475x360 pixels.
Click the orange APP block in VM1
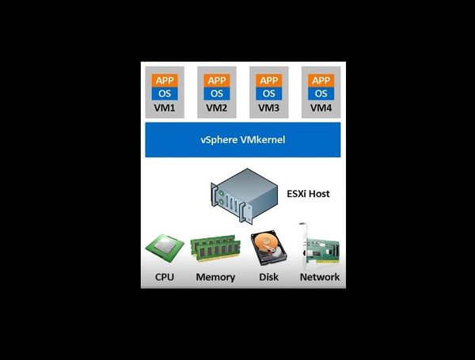pyautogui.click(x=165, y=80)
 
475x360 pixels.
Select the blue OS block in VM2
pyautogui.click(x=215, y=93)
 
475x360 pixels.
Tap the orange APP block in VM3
pyautogui.click(x=269, y=80)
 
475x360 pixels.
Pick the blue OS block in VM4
pyautogui.click(x=321, y=93)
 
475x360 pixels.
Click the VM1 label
pyautogui.click(x=165, y=108)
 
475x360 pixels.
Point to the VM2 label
pyautogui.click(x=215, y=108)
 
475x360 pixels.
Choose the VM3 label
pyautogui.click(x=269, y=108)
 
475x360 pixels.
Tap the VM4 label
pyautogui.click(x=321, y=108)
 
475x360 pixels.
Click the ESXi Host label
pyautogui.click(x=308, y=193)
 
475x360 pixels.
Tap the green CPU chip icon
pyautogui.click(x=165, y=250)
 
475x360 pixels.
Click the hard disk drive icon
pyautogui.click(x=268, y=249)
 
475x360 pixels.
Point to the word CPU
pyautogui.click(x=165, y=277)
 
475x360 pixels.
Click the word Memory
pyautogui.click(x=215, y=277)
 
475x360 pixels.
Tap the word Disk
pyautogui.click(x=268, y=277)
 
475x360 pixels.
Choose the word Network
pyautogui.click(x=319, y=277)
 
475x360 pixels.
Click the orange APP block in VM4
pyautogui.click(x=321, y=80)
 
